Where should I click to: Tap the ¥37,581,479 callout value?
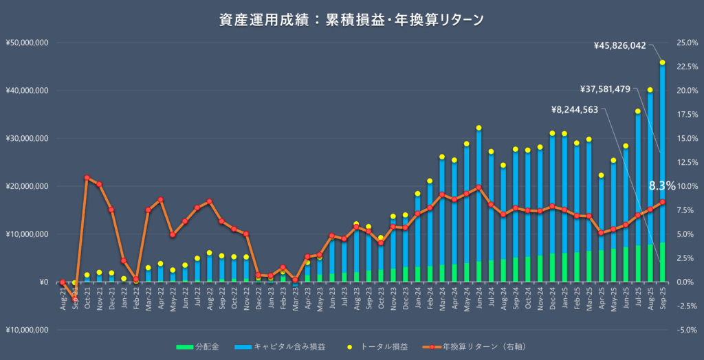[605, 89]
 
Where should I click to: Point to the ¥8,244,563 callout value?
[575, 109]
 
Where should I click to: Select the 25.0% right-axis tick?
[687, 43]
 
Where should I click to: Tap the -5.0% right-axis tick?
[687, 330]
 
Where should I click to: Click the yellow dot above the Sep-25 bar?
[662, 63]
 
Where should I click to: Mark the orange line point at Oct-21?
[87, 178]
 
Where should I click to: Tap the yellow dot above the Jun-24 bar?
[478, 128]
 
